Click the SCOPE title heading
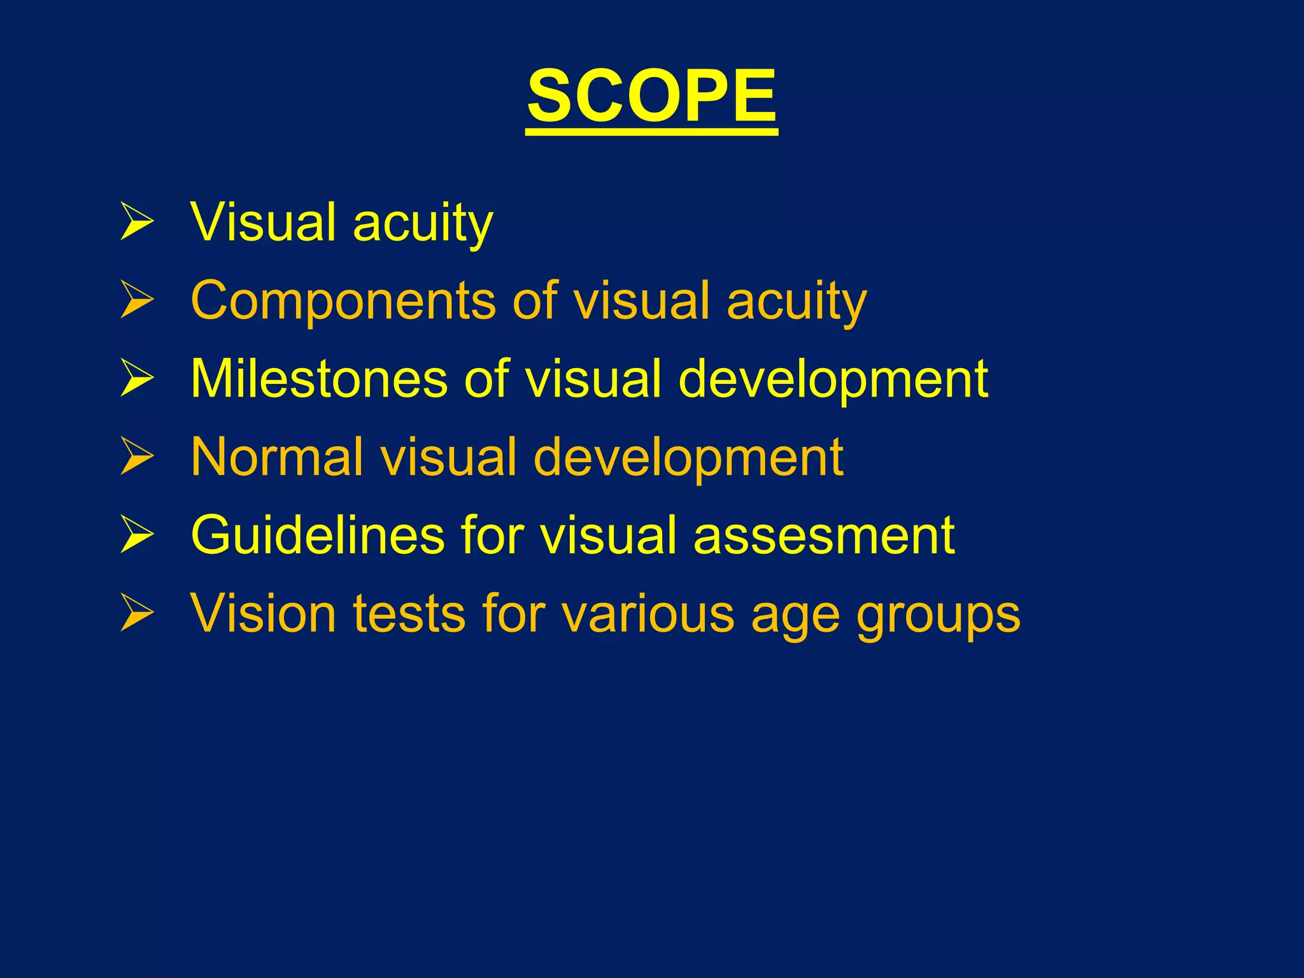651,97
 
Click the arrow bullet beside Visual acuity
137,222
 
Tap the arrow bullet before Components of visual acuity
137,300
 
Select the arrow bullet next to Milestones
137,378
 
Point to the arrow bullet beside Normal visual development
137,457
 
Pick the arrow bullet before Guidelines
137,535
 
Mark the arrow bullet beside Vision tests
137,613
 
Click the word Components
343,300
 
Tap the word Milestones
319,378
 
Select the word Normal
277,457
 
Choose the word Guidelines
317,535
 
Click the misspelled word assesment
824,535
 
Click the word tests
409,613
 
